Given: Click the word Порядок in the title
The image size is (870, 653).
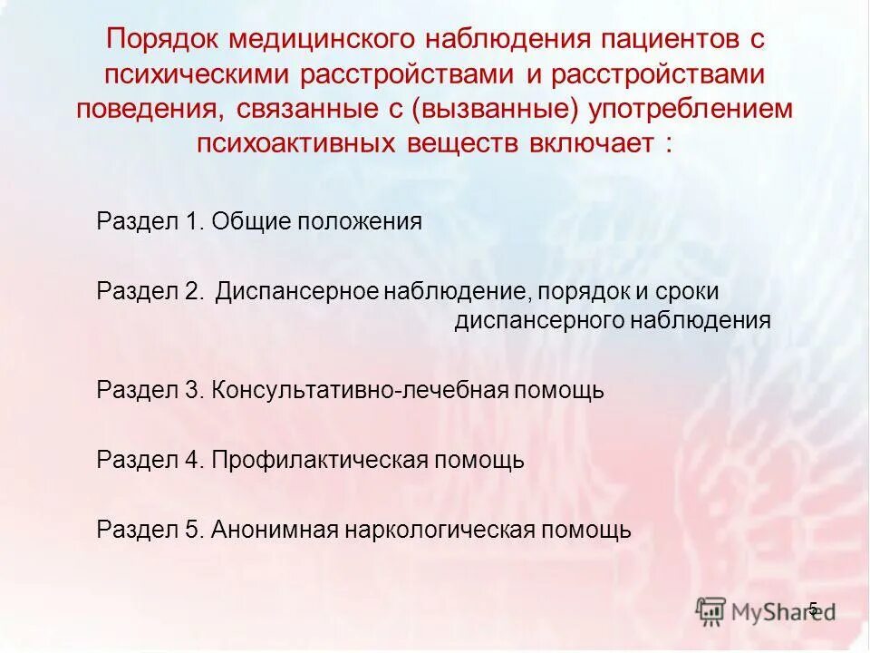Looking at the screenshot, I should (x=161, y=41).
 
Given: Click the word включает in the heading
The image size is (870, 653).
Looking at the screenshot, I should (x=595, y=144).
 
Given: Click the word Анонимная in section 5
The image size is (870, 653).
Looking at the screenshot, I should (x=275, y=529).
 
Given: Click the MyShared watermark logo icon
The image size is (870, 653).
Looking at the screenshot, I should (x=711, y=610).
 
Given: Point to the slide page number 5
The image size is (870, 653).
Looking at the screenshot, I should (x=813, y=609).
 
